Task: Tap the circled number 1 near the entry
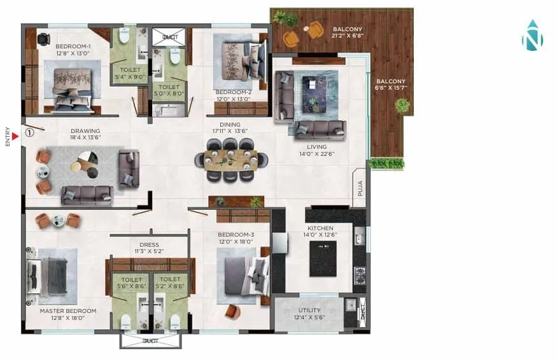coord(29,134)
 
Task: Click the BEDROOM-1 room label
coord(73,46)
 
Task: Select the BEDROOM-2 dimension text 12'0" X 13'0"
coord(232,99)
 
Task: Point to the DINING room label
coord(230,125)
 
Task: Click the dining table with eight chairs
coord(230,160)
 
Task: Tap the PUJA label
coord(360,189)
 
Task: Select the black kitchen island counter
coord(323,258)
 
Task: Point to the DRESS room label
coord(149,244)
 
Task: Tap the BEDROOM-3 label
coord(236,234)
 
